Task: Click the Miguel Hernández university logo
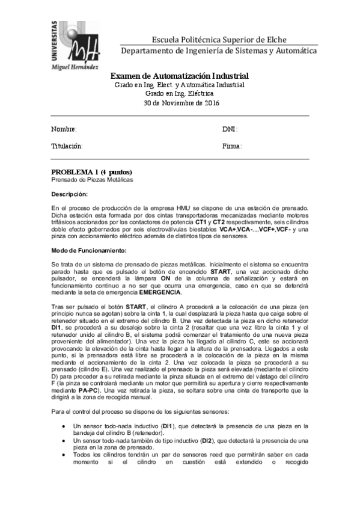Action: [73, 44]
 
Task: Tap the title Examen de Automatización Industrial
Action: [180, 76]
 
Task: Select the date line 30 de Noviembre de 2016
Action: [180, 103]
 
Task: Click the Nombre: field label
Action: [64, 129]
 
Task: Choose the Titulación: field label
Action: [67, 146]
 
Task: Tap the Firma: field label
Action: [232, 146]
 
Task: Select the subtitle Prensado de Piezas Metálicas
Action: [91, 180]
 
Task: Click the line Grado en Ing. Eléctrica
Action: [180, 94]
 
